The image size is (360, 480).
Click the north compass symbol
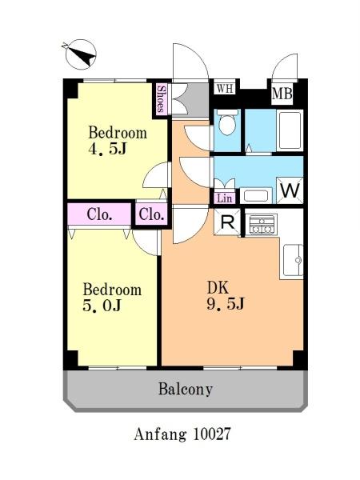click(81, 54)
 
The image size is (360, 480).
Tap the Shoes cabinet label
click(161, 99)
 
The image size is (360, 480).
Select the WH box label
click(226, 89)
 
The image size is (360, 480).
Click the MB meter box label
click(282, 94)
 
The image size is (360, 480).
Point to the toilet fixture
click(227, 122)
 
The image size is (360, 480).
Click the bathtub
click(290, 130)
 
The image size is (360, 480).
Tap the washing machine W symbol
click(290, 190)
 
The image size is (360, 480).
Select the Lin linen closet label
click(224, 198)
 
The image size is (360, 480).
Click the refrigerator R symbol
click(227, 222)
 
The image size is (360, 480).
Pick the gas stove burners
click(261, 224)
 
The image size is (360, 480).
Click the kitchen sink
click(292, 260)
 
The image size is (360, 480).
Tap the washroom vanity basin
click(256, 196)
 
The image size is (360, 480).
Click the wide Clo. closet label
click(99, 214)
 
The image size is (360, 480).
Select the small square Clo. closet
click(151, 214)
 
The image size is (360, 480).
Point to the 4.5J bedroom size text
click(107, 149)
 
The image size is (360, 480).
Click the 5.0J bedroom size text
click(102, 306)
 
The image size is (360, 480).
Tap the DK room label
click(218, 288)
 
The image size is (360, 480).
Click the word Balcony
click(186, 390)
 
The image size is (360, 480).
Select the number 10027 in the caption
click(211, 434)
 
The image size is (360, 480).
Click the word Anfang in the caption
click(161, 434)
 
